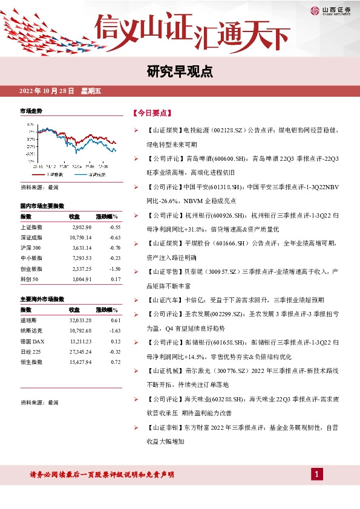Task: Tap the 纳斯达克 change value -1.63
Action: tap(114, 331)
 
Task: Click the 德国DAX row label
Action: tap(33, 342)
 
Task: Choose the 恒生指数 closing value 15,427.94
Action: tap(80, 362)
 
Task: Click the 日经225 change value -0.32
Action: tap(114, 352)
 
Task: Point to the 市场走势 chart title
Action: tap(31, 111)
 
